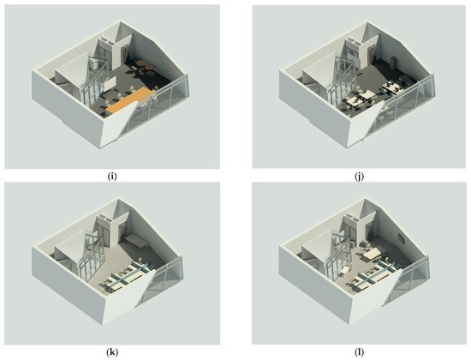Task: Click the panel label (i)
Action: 111,177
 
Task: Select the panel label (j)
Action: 359,177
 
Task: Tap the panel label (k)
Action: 111,352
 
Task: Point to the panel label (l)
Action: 359,352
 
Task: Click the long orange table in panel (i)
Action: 131,100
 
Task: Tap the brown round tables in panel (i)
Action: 145,64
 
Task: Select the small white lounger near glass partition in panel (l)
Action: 345,270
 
